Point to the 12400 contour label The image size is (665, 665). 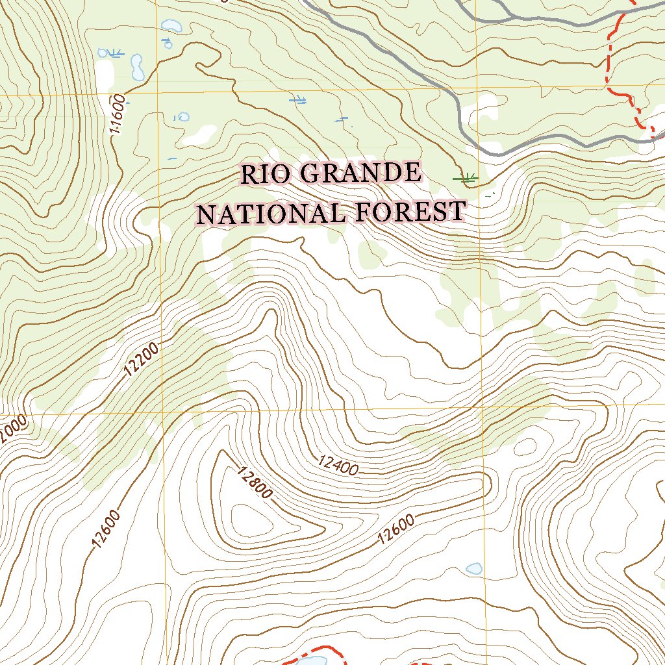(338, 466)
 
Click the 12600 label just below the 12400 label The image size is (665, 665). (395, 530)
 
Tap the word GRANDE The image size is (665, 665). (361, 173)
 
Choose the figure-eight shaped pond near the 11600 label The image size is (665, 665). (137, 67)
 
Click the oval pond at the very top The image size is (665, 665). (171, 25)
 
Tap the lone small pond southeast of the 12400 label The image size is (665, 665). (475, 569)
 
